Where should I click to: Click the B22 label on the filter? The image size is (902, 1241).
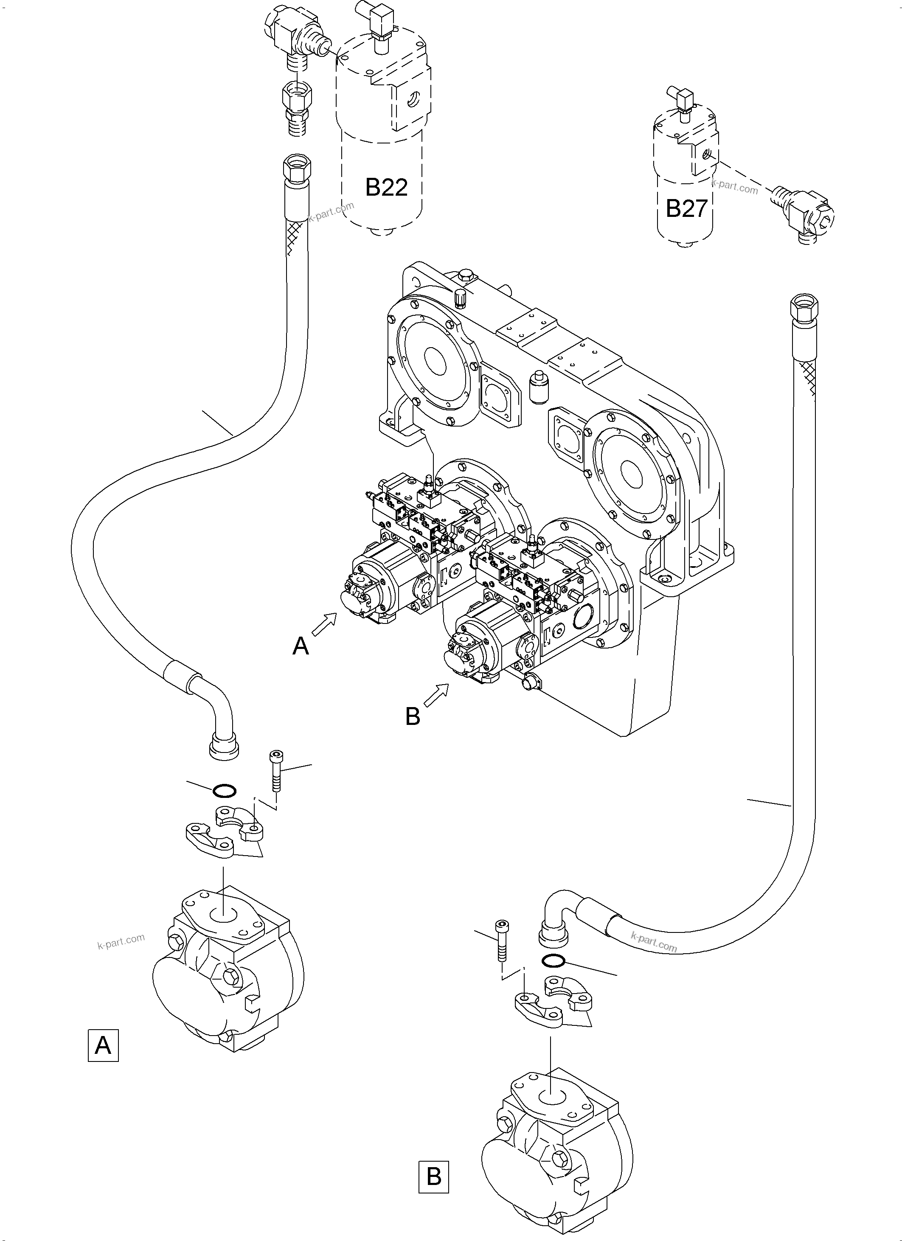point(386,188)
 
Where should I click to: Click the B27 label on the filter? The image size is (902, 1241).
point(686,208)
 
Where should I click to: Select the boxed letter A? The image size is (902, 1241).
point(103,1046)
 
